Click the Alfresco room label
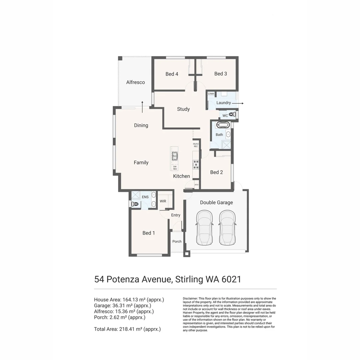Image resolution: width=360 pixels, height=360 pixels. [135, 82]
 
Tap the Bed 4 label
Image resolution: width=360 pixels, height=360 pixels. [172, 74]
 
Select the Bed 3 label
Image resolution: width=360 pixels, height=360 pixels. [220, 74]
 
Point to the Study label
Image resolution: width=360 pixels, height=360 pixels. [183, 109]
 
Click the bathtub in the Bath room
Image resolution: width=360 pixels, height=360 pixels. [223, 125]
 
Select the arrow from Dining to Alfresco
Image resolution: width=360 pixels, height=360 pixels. [142, 107]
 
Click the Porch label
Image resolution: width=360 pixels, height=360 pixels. [177, 241]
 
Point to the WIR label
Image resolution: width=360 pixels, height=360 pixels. [163, 201]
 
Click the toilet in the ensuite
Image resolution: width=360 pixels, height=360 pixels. [134, 204]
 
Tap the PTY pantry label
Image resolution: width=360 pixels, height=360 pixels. [196, 185]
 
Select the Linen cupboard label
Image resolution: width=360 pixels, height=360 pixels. [211, 94]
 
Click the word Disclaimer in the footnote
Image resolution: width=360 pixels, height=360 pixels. [190, 298]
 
